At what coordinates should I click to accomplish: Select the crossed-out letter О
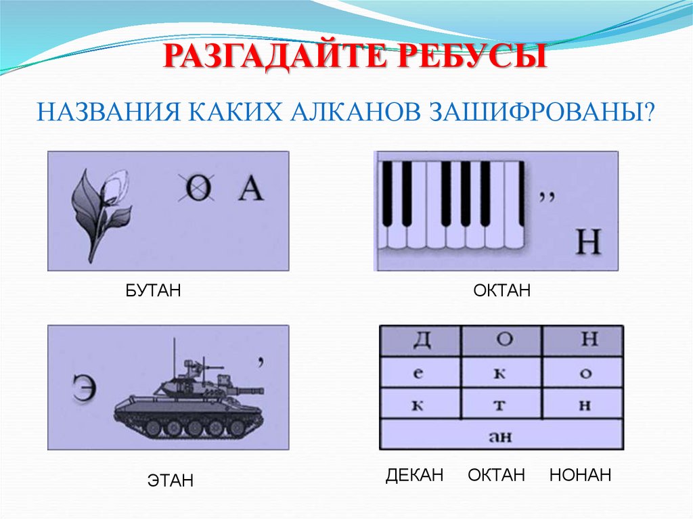coord(197,189)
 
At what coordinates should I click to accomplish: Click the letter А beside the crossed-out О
coord(250,189)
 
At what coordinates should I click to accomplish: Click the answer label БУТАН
coord(153,291)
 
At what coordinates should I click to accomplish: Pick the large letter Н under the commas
coord(587,242)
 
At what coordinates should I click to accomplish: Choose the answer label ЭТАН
coord(170,480)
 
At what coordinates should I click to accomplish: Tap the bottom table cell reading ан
coord(501,435)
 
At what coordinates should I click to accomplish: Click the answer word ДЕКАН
coord(414,475)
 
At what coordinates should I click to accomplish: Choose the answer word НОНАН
coord(580,475)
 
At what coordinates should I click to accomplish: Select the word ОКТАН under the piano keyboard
coord(501,291)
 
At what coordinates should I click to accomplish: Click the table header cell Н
coord(583,340)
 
